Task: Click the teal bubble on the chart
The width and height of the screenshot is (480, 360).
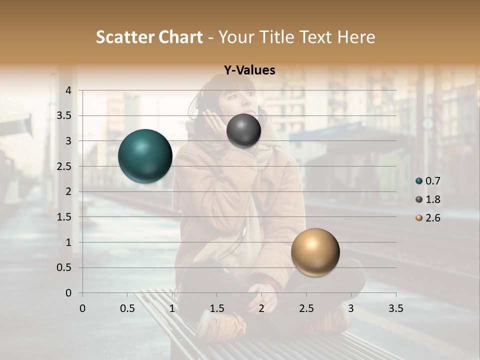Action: [x=145, y=156]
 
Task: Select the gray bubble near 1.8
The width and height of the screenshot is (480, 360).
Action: [x=243, y=130]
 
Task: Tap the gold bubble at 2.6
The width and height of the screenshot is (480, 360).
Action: [x=315, y=252]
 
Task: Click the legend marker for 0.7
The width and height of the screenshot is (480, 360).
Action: [x=419, y=181]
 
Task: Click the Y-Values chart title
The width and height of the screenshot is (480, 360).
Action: [x=249, y=70]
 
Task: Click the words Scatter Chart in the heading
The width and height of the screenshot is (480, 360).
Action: [x=149, y=37]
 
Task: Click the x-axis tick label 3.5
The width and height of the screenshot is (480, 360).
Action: [x=396, y=308]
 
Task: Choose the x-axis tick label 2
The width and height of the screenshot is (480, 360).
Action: [x=261, y=308]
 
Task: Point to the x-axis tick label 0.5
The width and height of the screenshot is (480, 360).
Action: [x=127, y=308]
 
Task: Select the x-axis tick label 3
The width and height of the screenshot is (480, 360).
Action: [x=351, y=308]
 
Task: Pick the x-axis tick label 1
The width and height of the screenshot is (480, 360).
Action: [x=172, y=308]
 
